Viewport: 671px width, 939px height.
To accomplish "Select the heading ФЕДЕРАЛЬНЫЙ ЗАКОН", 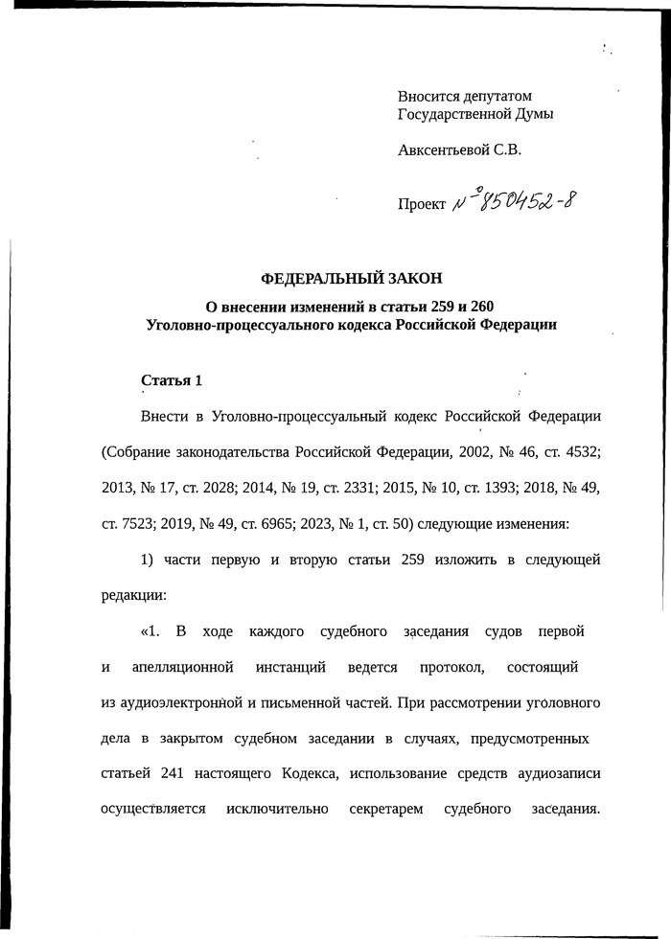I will (x=352, y=279).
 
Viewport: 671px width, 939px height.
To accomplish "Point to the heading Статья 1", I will (x=172, y=380).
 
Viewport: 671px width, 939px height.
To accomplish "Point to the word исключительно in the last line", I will (x=278, y=808).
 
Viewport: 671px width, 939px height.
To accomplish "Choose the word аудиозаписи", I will (x=560, y=772).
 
